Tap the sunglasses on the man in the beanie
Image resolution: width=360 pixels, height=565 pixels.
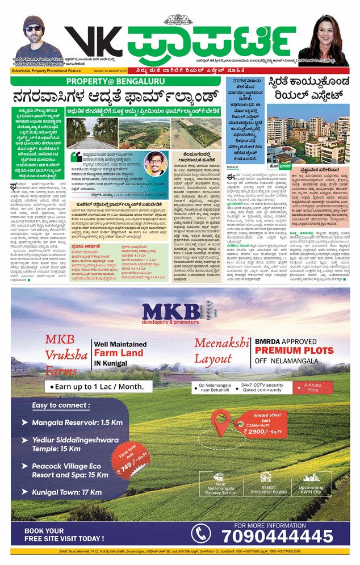(35, 28)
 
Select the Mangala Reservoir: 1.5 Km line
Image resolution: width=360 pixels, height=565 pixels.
(77, 423)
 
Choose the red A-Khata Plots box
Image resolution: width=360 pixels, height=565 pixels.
(313, 388)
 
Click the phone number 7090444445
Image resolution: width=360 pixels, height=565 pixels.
(277, 535)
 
